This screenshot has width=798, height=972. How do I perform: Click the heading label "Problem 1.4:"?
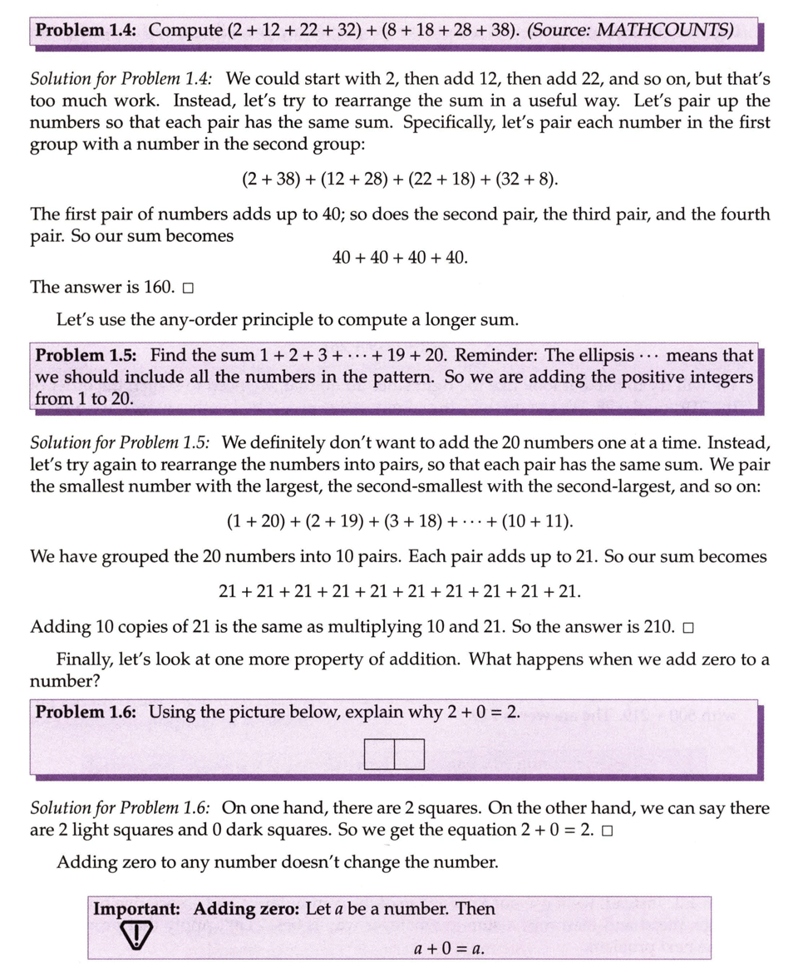[x=87, y=31]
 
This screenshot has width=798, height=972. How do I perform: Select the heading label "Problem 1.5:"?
[x=88, y=355]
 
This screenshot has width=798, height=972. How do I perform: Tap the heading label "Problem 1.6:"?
[x=87, y=713]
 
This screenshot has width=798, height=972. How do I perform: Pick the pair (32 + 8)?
[x=527, y=180]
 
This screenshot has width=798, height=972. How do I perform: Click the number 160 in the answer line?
[x=158, y=288]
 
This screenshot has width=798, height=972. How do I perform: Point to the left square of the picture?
[x=379, y=754]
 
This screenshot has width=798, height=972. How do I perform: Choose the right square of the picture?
[x=409, y=754]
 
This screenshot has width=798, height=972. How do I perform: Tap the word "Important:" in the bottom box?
[x=136, y=910]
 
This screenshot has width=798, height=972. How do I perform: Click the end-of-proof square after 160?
[x=188, y=289]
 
